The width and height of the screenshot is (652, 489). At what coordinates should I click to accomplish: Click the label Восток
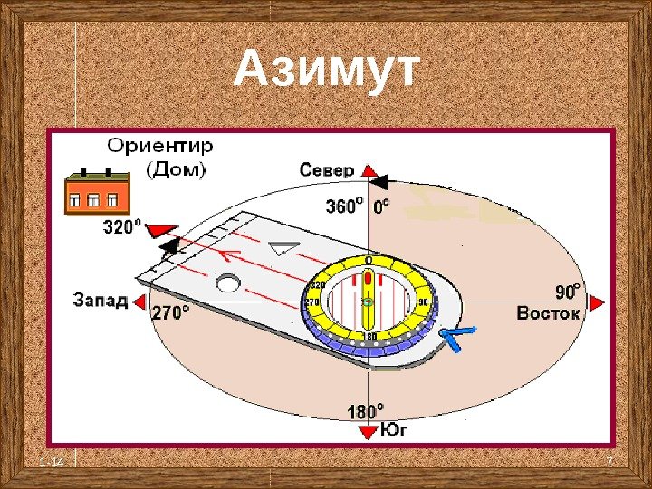tap(548, 313)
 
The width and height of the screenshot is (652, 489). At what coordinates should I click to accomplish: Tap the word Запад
tap(101, 300)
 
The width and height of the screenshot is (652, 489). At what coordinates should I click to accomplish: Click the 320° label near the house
tap(122, 227)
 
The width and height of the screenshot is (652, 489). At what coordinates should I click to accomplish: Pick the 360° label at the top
tap(345, 206)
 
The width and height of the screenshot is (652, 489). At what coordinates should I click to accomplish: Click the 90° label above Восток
tap(568, 292)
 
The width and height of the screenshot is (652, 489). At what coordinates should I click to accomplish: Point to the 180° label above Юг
tap(366, 411)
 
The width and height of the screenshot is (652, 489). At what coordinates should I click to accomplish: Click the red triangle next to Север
tap(369, 171)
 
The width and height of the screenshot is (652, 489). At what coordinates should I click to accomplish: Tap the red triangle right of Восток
tap(596, 303)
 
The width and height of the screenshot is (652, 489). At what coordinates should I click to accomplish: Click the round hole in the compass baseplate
tap(228, 283)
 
